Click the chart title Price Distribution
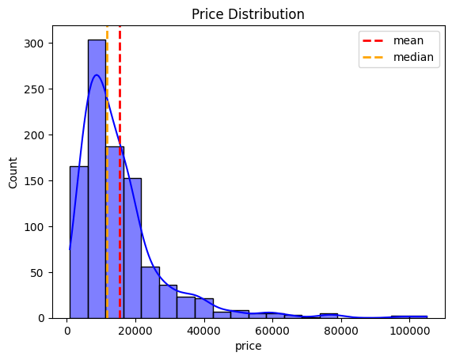(249, 14)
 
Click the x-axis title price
(249, 346)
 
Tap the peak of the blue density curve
(97, 75)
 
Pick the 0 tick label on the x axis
(66, 330)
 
